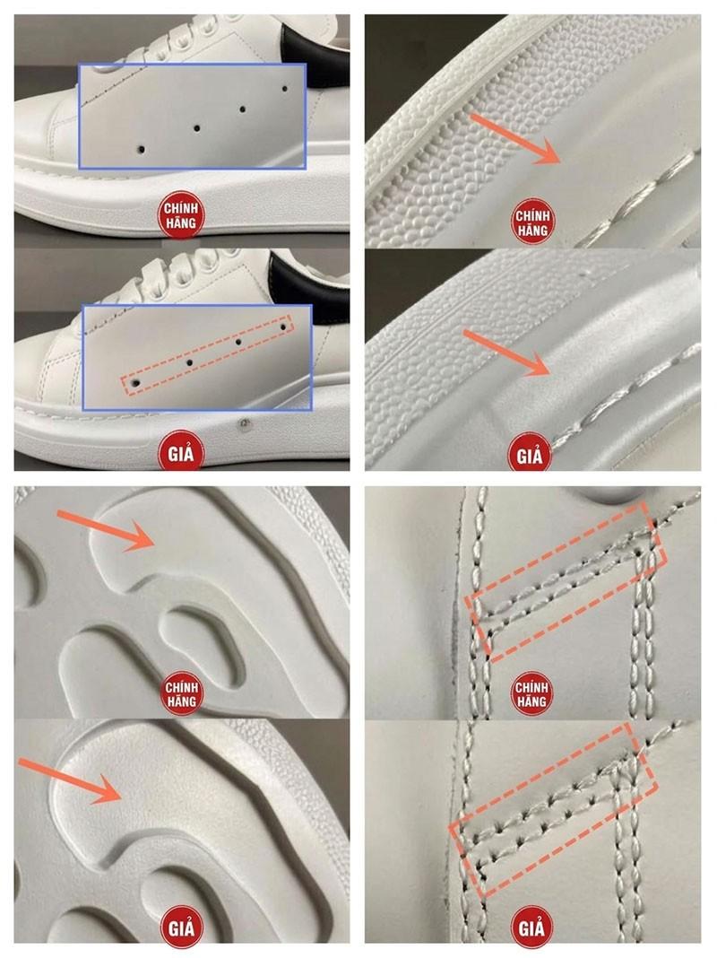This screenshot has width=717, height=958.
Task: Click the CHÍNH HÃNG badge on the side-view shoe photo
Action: (181, 215)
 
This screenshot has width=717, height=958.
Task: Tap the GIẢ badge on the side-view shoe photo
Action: (181, 453)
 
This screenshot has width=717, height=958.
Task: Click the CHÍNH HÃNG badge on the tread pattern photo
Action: (181, 694)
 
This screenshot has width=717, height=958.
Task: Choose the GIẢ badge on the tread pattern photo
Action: (181, 928)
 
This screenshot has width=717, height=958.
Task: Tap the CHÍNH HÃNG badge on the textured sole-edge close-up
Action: (532, 223)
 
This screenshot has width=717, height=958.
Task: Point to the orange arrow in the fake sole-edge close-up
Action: (506, 353)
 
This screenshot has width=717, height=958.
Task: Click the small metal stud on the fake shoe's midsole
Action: (244, 423)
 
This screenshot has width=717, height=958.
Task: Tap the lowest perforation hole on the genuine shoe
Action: (141, 149)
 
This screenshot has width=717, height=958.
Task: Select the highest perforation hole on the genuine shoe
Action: (285, 89)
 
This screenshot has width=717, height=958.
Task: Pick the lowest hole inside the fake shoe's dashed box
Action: (135, 383)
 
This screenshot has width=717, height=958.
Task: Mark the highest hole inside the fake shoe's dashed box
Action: (283, 327)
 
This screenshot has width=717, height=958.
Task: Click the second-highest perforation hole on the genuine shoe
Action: (242, 109)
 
